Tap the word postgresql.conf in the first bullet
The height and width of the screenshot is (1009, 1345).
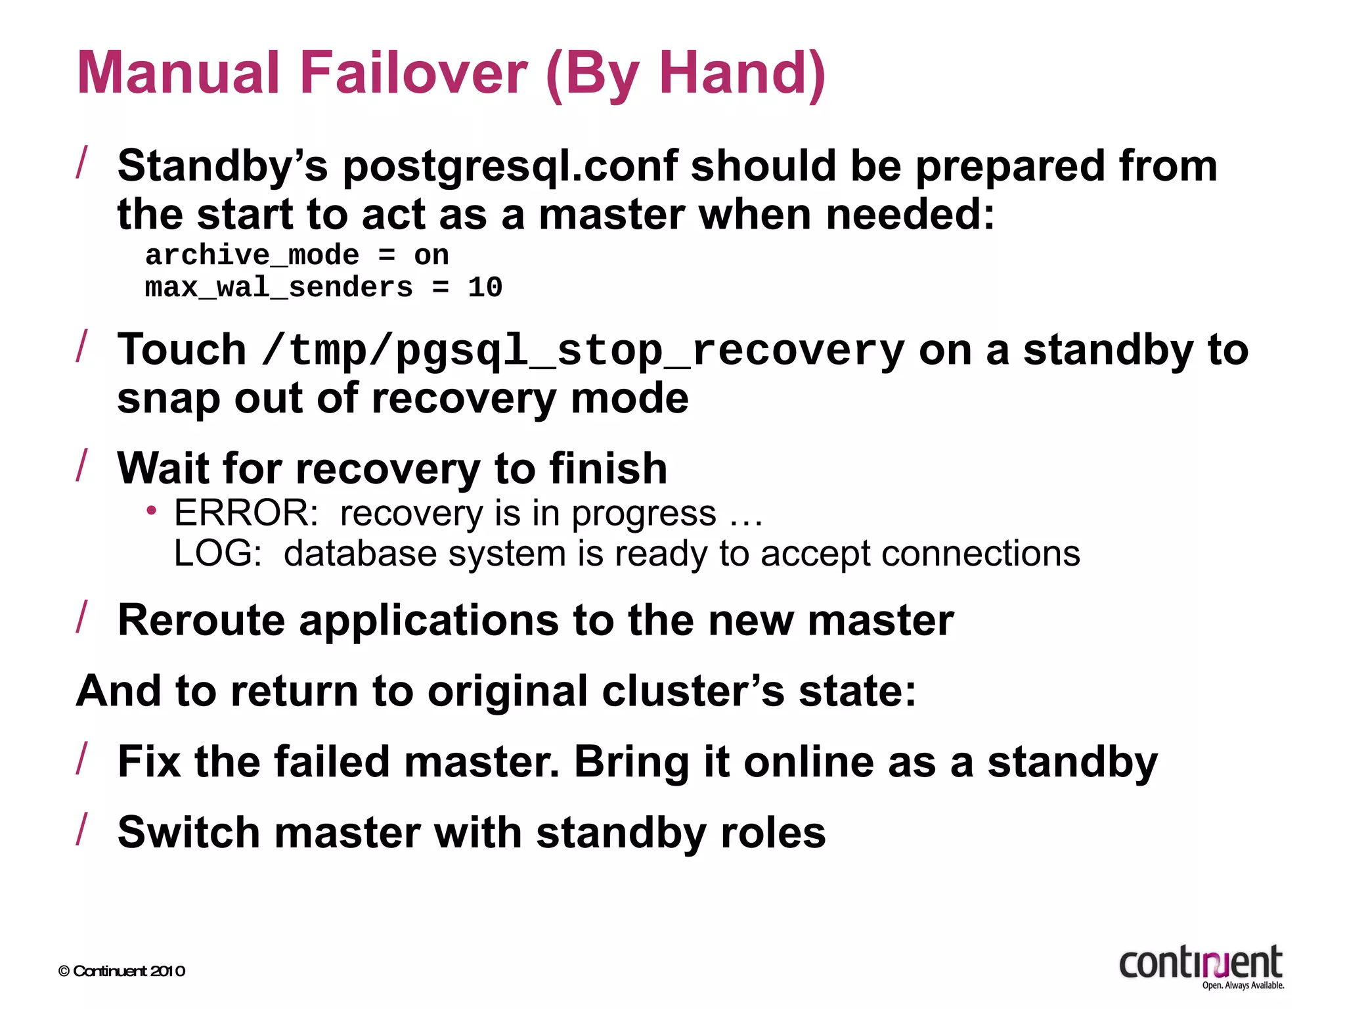(510, 167)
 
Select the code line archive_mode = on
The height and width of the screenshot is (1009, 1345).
(297, 256)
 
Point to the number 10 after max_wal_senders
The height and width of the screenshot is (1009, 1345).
(485, 288)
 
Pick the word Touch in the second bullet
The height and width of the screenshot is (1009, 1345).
(182, 349)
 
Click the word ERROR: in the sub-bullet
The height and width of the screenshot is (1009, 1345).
(246, 513)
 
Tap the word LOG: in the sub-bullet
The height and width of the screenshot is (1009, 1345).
(217, 554)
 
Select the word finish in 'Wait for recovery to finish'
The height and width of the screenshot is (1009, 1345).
(608, 469)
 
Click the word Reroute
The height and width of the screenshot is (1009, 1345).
(202, 620)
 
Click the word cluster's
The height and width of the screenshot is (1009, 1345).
(693, 691)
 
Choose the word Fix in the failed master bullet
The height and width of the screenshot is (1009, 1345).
(149, 762)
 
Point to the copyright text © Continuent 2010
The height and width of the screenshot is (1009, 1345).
(121, 972)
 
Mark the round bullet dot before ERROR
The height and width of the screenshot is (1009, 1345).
(152, 510)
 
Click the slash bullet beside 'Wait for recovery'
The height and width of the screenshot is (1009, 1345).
(82, 465)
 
